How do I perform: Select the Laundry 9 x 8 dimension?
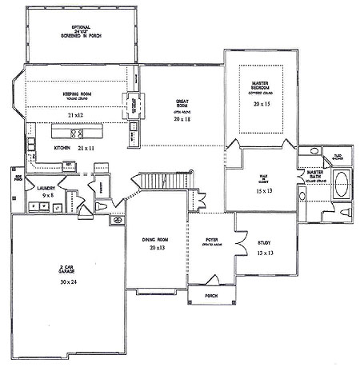(34, 194)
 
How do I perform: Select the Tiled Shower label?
(338, 156)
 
